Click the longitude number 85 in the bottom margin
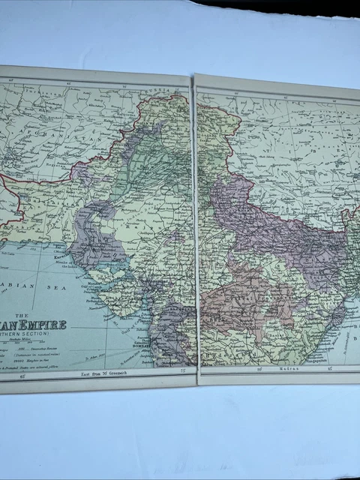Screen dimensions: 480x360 pyautogui.click(x=259, y=368)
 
